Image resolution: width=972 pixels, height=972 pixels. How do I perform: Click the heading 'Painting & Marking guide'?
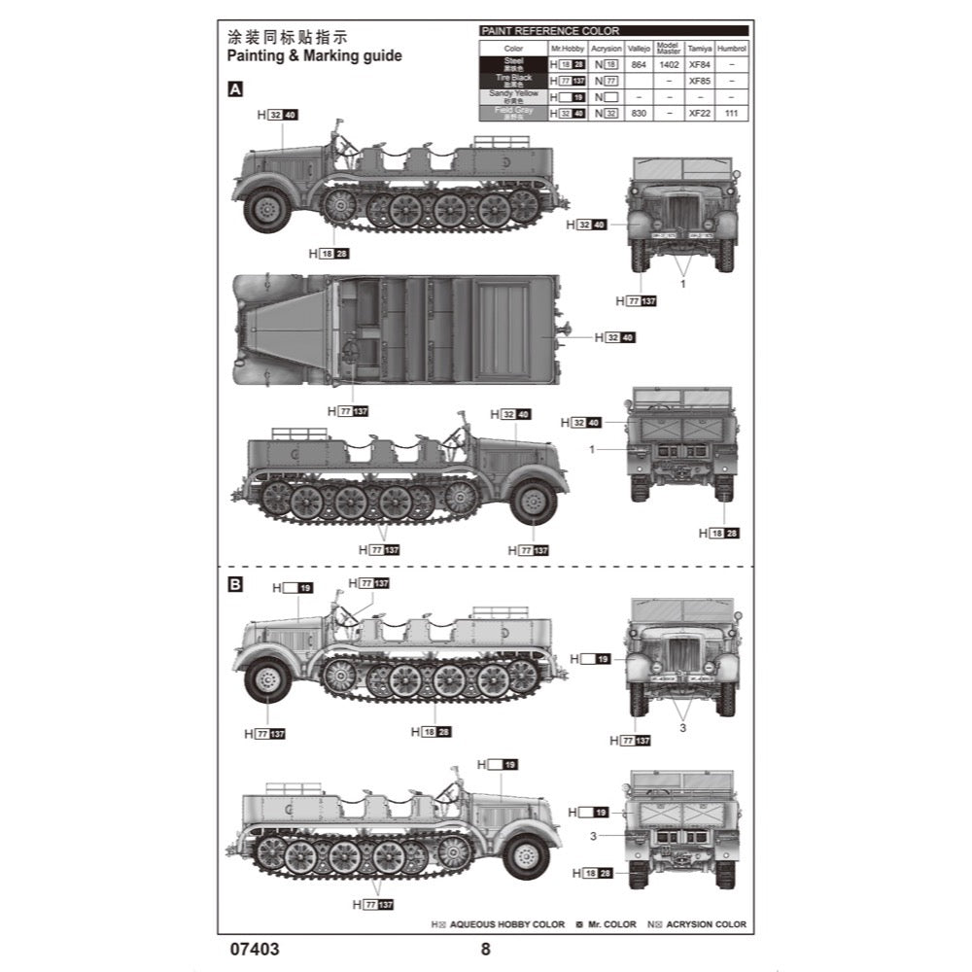coord(314,56)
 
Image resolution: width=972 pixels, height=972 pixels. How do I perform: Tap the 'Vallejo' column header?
coord(639,48)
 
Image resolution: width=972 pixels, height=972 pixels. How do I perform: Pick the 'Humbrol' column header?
coord(732,48)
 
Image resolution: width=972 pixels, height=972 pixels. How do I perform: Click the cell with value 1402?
coord(669,64)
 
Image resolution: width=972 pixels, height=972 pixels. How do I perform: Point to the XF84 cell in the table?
coord(699,64)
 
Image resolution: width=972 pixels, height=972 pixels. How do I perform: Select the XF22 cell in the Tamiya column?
coord(699,114)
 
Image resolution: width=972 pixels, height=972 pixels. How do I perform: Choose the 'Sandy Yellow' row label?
coord(513,96)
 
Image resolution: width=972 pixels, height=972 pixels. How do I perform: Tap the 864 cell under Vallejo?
coord(639,64)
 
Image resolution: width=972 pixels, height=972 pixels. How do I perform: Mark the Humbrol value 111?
coord(732,114)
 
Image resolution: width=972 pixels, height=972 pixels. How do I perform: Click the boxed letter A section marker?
coord(234,88)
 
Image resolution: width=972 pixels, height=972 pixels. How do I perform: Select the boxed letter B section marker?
coord(234,585)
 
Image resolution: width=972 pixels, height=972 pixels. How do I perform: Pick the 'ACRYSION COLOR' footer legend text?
coord(706,924)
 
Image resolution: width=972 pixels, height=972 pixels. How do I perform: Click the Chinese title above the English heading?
coord(287,37)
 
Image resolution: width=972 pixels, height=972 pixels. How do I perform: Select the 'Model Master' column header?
coord(669,48)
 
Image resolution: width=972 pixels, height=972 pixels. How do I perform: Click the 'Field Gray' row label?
coord(513,113)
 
